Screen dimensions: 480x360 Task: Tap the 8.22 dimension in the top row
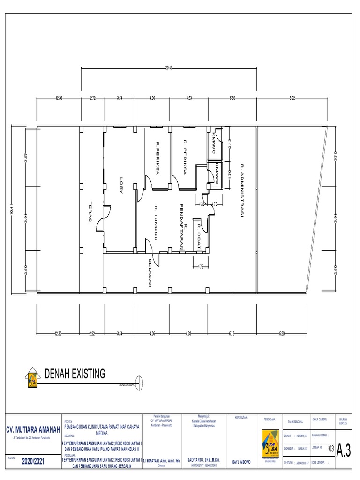[x=292, y=98]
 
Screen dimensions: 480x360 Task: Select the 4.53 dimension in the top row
[x=188, y=98]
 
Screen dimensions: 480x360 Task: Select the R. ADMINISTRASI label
[x=242, y=190]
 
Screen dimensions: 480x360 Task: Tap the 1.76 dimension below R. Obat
[x=200, y=267]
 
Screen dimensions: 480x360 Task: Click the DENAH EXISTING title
[x=75, y=373]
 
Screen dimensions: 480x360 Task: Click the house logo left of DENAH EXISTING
[x=33, y=376]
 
